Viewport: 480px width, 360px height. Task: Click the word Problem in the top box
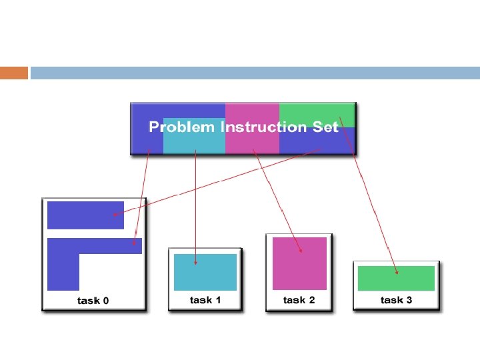(182, 127)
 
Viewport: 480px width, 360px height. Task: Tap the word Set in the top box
(326, 127)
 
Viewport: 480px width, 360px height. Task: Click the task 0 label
(93, 301)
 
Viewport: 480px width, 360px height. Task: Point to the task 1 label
(205, 300)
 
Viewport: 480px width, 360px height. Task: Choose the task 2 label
(299, 300)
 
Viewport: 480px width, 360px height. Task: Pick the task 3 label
(396, 300)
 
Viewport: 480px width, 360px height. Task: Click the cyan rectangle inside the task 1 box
(205, 272)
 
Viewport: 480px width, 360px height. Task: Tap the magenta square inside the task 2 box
(299, 263)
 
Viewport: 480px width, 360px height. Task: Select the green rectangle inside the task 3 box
(396, 278)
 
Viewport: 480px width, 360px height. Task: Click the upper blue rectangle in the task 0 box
(85, 215)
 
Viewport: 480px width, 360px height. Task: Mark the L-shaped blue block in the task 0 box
(64, 263)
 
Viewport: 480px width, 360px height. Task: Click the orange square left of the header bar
(14, 73)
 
